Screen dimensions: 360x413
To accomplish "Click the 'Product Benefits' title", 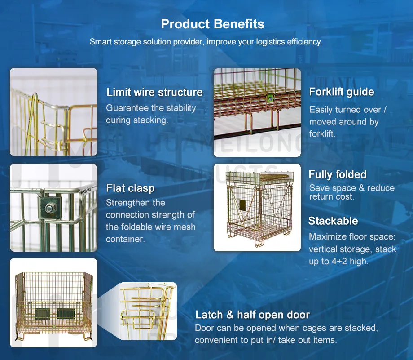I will point(212,24).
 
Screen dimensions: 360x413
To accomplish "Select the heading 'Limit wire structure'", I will point(154,93).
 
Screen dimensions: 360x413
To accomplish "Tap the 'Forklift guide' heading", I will point(341,92).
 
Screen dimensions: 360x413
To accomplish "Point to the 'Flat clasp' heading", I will point(130,188).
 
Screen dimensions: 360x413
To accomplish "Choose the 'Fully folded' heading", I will point(338,174).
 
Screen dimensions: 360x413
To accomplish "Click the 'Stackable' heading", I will point(333,221).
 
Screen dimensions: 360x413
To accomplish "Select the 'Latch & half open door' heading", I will point(252,315).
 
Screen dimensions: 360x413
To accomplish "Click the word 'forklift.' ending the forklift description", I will point(322,134).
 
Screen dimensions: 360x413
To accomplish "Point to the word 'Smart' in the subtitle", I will point(99,42).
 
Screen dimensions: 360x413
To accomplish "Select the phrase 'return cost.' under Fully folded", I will point(332,196).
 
